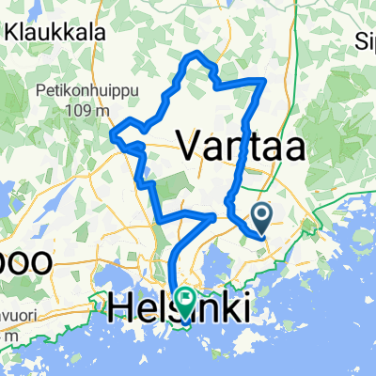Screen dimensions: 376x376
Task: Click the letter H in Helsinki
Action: tap(122, 307)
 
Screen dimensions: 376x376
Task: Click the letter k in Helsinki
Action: tap(226, 307)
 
